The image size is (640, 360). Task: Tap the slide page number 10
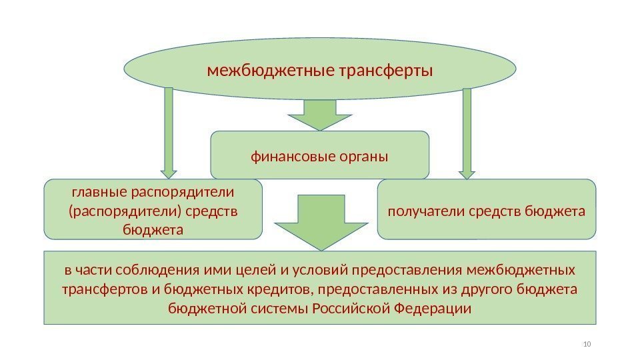(587, 344)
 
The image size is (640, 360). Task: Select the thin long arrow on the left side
(168, 133)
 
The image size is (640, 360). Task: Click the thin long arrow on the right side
(467, 133)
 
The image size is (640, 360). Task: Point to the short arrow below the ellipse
(320, 114)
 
